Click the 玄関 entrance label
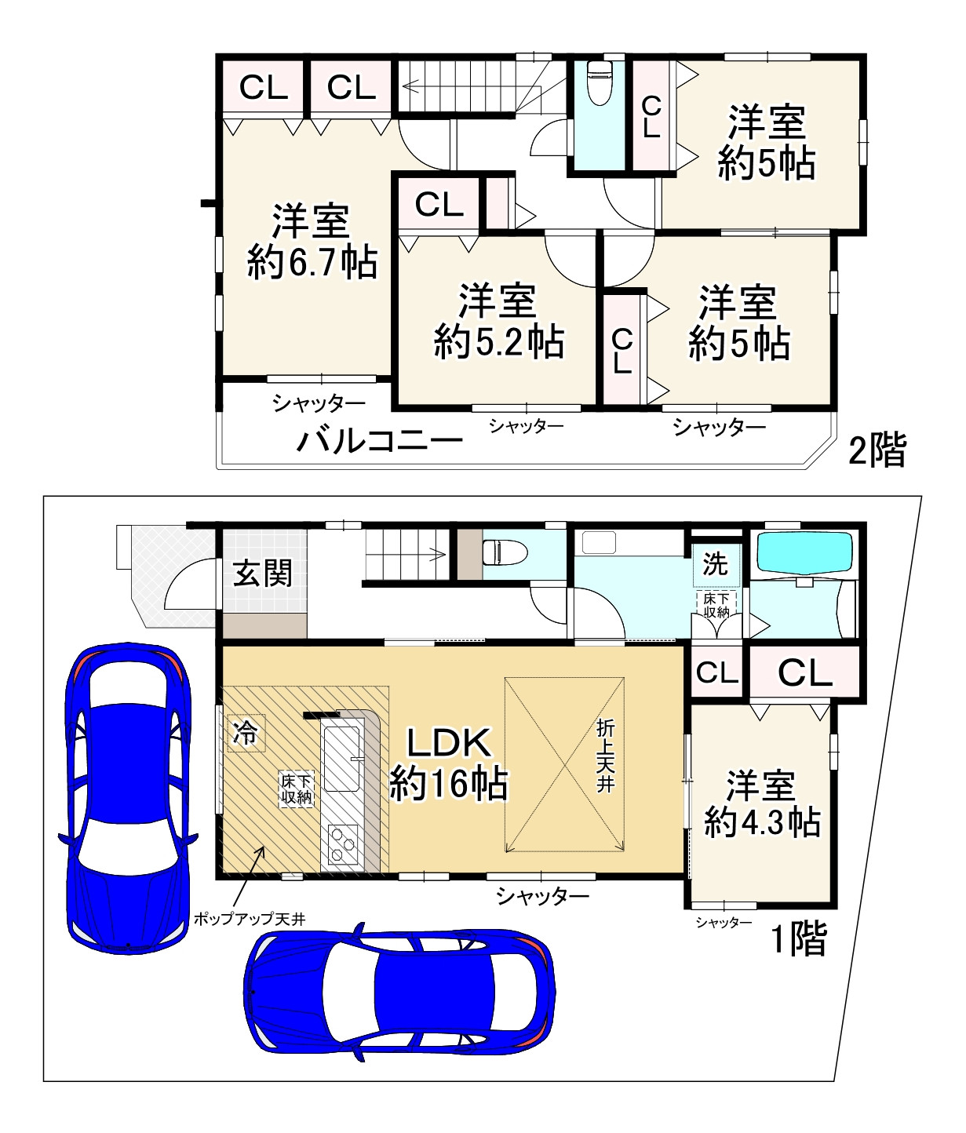click(263, 573)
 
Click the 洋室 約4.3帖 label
click(761, 803)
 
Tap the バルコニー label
click(379, 441)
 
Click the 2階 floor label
click(877, 451)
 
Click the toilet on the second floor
click(599, 83)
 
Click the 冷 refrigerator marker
click(246, 733)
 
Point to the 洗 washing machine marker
click(715, 565)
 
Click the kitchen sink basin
click(342, 759)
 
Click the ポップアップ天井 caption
click(250, 920)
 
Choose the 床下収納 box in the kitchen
click(297, 789)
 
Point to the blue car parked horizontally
click(399, 993)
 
